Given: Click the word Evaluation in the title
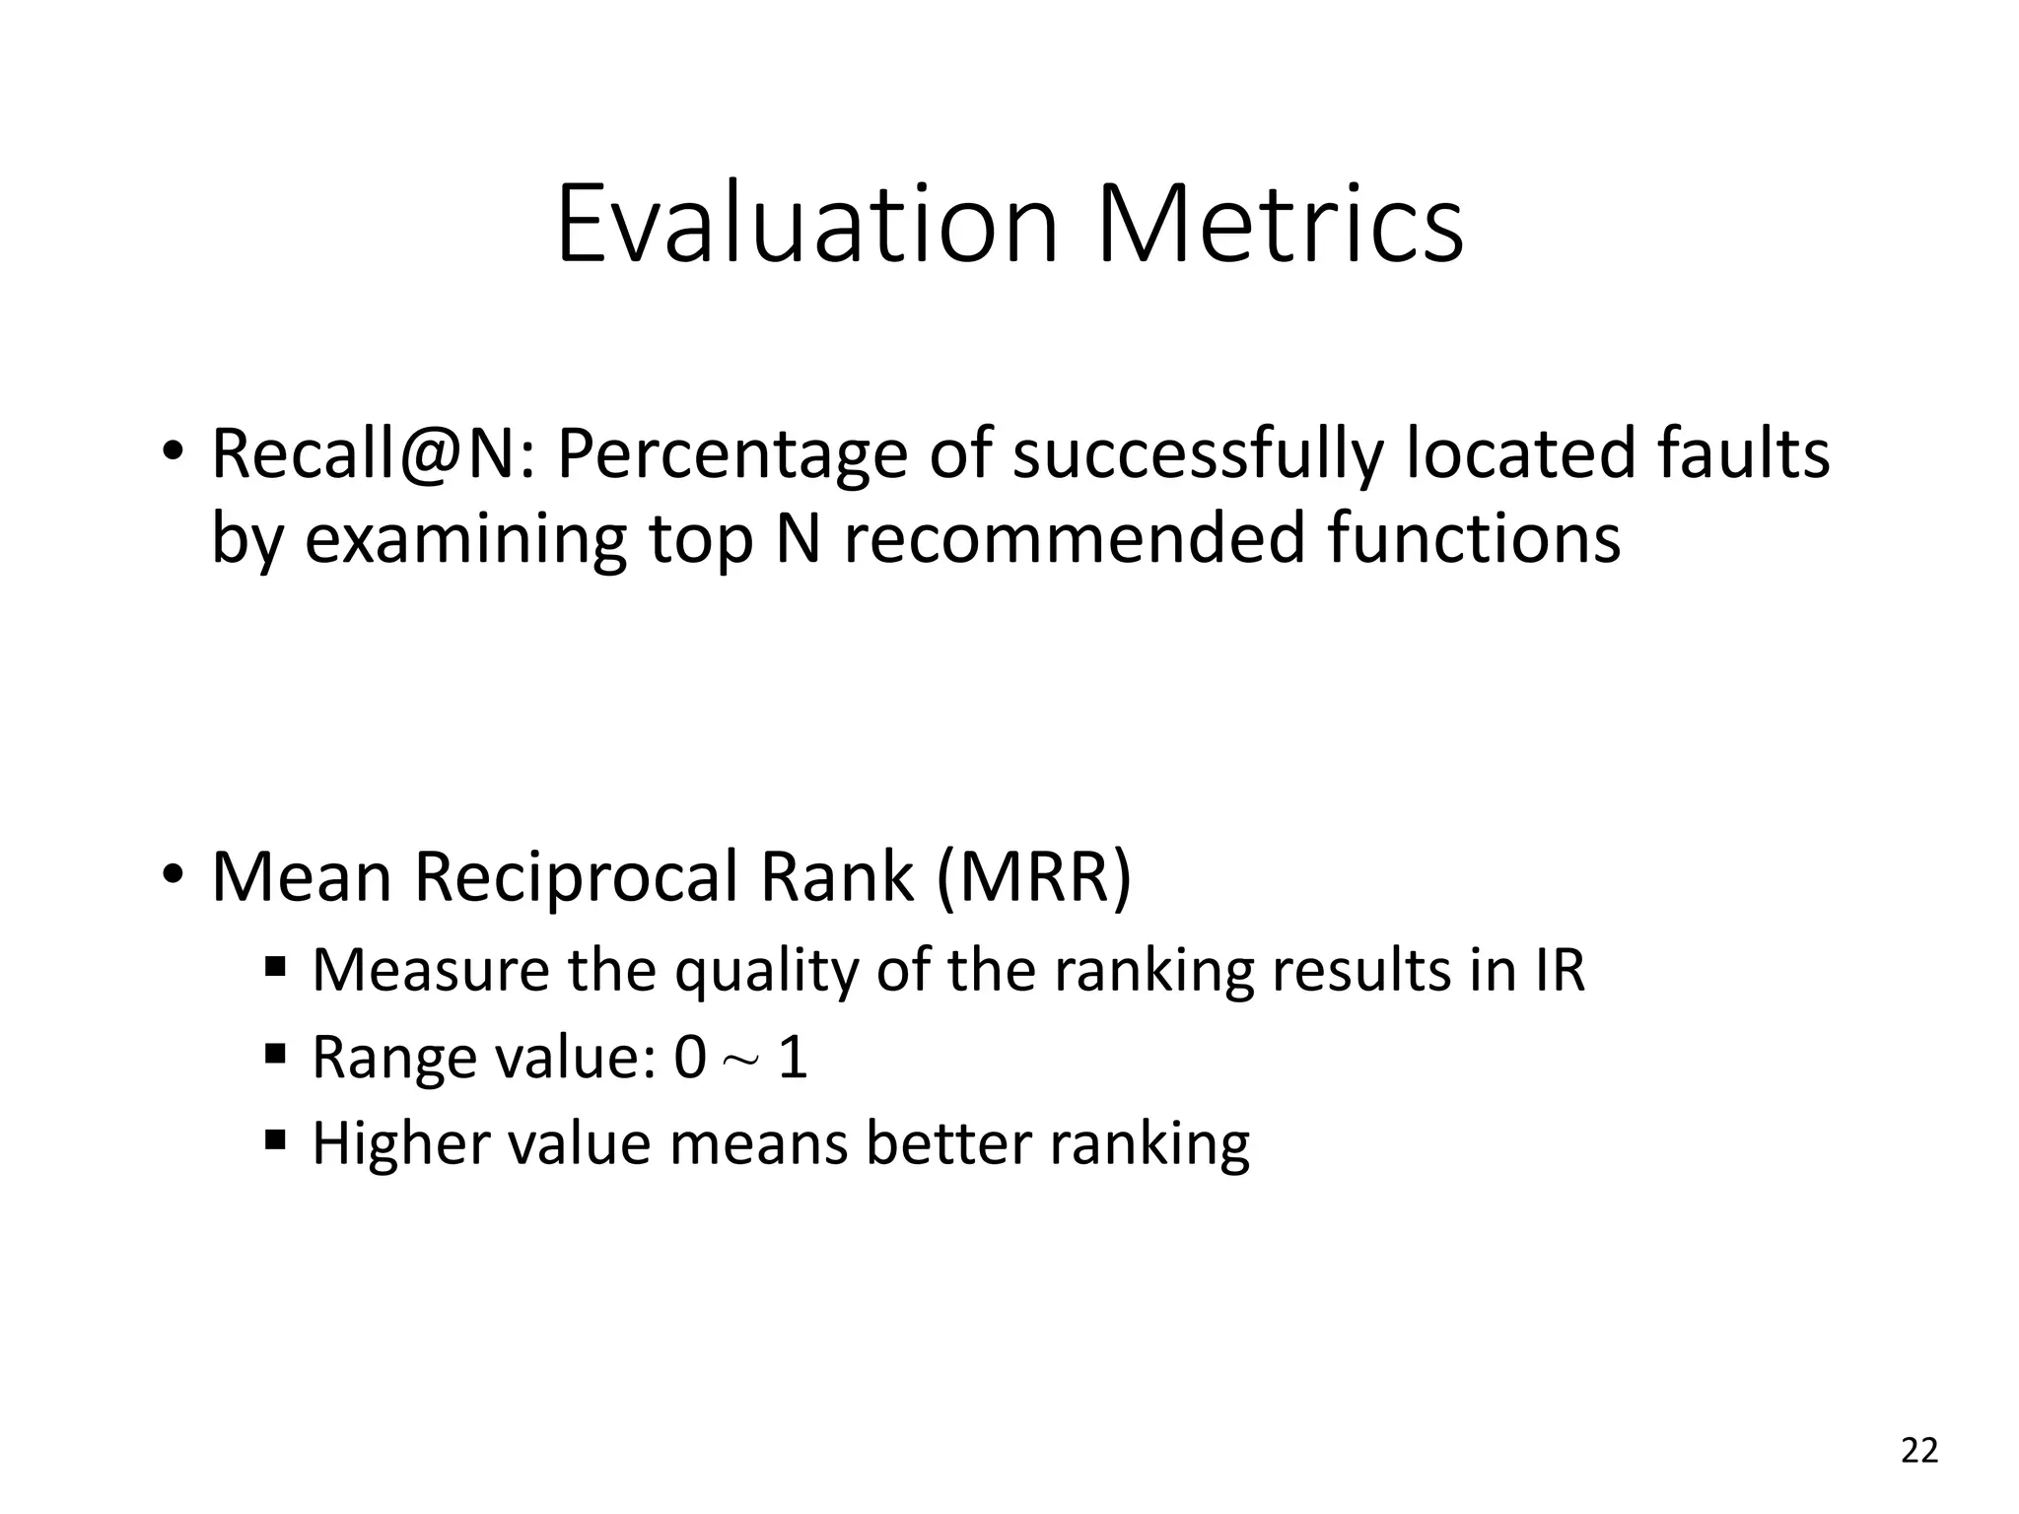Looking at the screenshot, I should coord(806,225).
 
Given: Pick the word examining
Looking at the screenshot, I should coord(464,541).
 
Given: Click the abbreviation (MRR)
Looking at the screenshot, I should coord(1034,877).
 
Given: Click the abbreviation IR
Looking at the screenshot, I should coord(1560,970).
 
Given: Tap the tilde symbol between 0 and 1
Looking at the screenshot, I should coord(741,1061).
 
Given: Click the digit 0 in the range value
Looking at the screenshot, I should coord(689,1058).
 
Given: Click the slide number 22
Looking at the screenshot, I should coord(1918,1451).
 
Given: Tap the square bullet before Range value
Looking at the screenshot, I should coord(275,1056).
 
